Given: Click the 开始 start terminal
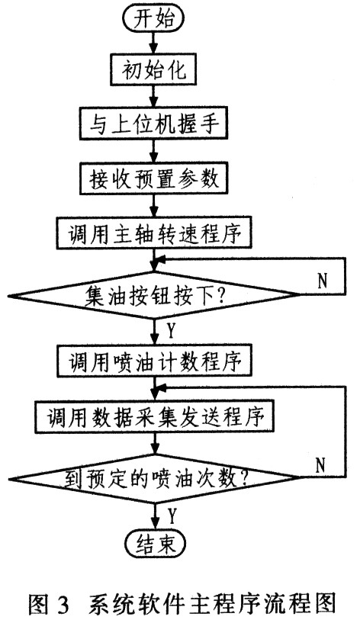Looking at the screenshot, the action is point(154,19).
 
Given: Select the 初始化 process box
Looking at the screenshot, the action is point(154,71).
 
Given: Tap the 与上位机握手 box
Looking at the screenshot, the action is point(154,123).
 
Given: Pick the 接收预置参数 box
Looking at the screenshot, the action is point(154,178).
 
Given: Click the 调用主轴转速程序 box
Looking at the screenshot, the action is point(154,233).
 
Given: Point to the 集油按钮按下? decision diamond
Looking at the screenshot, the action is point(154,296).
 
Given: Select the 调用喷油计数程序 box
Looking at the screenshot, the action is point(154,361).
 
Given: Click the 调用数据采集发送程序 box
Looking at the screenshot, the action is point(154,417).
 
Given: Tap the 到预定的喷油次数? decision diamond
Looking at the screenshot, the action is point(154,479).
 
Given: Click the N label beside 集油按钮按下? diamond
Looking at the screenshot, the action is point(323,281).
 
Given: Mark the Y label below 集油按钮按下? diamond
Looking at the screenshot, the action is point(171,331).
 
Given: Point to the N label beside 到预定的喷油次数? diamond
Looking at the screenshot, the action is point(320,464).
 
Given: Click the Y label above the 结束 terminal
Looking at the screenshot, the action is point(172,515).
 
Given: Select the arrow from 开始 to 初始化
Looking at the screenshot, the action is point(154,43).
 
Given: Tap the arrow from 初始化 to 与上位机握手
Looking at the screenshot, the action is point(154,96).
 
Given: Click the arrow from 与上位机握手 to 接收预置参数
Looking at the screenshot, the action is point(154,150).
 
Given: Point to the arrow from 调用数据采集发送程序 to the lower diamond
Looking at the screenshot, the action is point(154,444).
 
